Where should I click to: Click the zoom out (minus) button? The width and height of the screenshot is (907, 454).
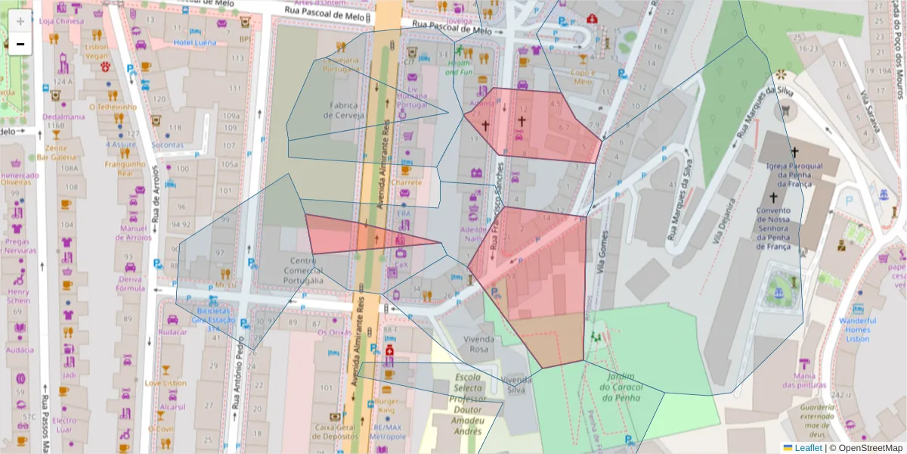click(x=20, y=44)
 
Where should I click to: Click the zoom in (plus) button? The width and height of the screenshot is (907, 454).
click(x=20, y=20)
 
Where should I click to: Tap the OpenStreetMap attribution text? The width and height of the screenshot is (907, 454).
click(x=865, y=448)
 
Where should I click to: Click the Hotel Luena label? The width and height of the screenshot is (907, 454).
click(x=195, y=43)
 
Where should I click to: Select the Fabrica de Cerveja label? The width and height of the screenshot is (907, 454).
click(x=344, y=110)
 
